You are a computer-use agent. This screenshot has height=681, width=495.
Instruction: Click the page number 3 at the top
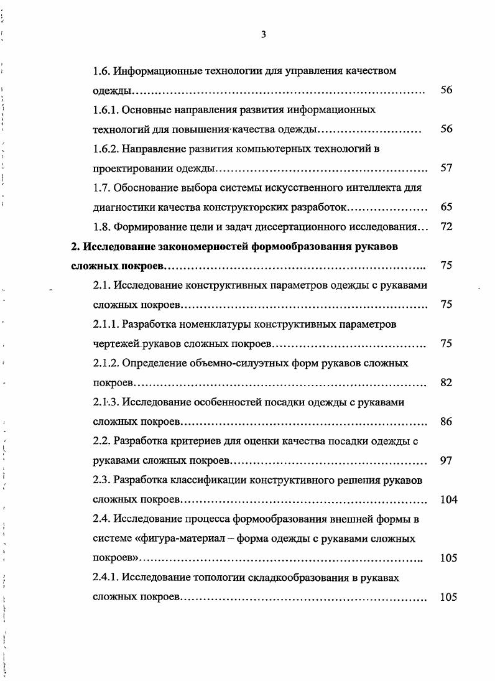coord(263,35)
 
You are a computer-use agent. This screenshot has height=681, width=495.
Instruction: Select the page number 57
coord(446,168)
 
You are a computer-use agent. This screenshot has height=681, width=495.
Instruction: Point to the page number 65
coord(446,207)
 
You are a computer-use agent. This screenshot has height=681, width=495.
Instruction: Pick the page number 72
coord(446,227)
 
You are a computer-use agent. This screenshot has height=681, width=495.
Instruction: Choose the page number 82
coord(446,382)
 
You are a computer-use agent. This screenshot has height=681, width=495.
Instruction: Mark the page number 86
coord(446,422)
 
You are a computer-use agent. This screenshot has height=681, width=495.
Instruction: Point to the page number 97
coord(446,461)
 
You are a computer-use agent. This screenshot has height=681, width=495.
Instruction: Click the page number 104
coord(448,499)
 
